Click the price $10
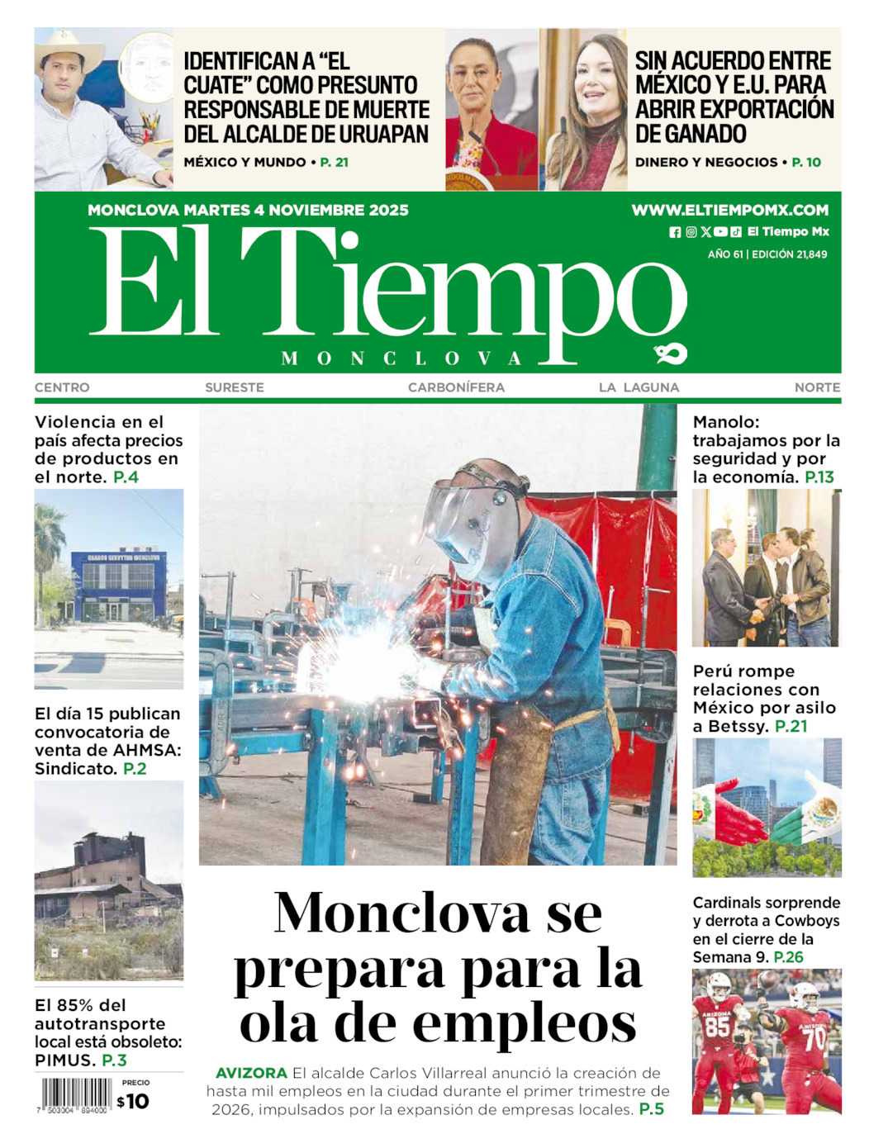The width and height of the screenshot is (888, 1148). tap(133, 1101)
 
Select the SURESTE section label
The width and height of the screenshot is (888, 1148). tap(235, 387)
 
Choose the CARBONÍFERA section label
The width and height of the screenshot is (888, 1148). tap(456, 387)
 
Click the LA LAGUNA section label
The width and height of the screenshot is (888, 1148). tap(639, 387)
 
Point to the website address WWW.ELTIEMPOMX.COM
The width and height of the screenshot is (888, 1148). tap(729, 211)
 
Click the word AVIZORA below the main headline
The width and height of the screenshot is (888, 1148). tap(251, 1073)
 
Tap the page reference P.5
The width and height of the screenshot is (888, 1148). tap(651, 1109)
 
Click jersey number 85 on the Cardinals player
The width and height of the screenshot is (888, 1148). tap(716, 1027)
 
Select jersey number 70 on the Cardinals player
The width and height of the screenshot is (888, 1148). tap(814, 1038)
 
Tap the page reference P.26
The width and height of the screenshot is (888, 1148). tap(788, 957)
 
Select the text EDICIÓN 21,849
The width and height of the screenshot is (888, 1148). tap(789, 254)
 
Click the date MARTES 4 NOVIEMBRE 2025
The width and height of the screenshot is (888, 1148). tap(296, 211)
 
